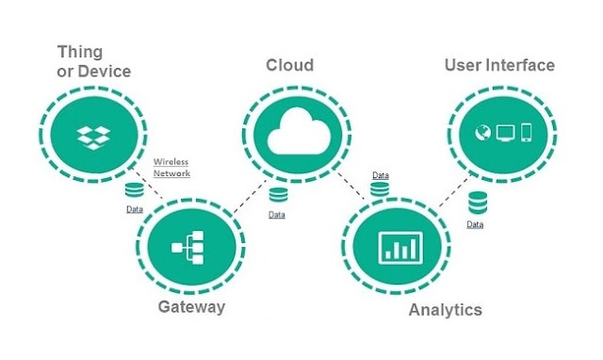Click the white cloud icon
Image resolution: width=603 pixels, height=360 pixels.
pyautogui.click(x=299, y=131)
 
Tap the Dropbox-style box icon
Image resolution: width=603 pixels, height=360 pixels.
pyautogui.click(x=93, y=138)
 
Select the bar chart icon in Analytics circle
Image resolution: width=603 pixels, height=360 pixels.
pyautogui.click(x=400, y=248)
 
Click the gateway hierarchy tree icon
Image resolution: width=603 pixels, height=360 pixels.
pyautogui.click(x=187, y=247)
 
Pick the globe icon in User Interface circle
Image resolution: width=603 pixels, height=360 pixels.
pyautogui.click(x=483, y=133)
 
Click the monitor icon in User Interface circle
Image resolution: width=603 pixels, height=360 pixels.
pyautogui.click(x=505, y=133)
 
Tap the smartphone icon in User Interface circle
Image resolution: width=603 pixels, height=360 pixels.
pyautogui.click(x=527, y=133)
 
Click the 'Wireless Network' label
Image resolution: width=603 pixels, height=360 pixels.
pyautogui.click(x=171, y=168)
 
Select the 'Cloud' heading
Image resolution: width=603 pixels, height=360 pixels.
pyautogui.click(x=290, y=65)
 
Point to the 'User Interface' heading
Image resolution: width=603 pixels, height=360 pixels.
pyautogui.click(x=499, y=65)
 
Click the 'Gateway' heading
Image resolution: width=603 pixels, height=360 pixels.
pyautogui.click(x=191, y=307)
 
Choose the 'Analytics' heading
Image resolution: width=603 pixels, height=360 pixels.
pyautogui.click(x=446, y=310)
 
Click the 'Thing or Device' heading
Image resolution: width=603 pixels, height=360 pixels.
pyautogui.click(x=94, y=61)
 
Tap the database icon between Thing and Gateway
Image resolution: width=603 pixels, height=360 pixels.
pyautogui.click(x=134, y=190)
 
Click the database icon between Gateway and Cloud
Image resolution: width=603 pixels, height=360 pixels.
pyautogui.click(x=278, y=195)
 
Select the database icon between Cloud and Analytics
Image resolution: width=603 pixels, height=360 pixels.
pyautogui.click(x=380, y=189)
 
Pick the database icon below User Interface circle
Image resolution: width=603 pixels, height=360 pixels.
pyautogui.click(x=478, y=203)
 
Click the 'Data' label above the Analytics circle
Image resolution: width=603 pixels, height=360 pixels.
pyautogui.click(x=381, y=175)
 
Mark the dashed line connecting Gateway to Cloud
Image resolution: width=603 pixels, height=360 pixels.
pyautogui.click(x=250, y=196)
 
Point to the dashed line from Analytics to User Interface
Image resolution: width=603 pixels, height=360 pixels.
pyautogui.click(x=455, y=190)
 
